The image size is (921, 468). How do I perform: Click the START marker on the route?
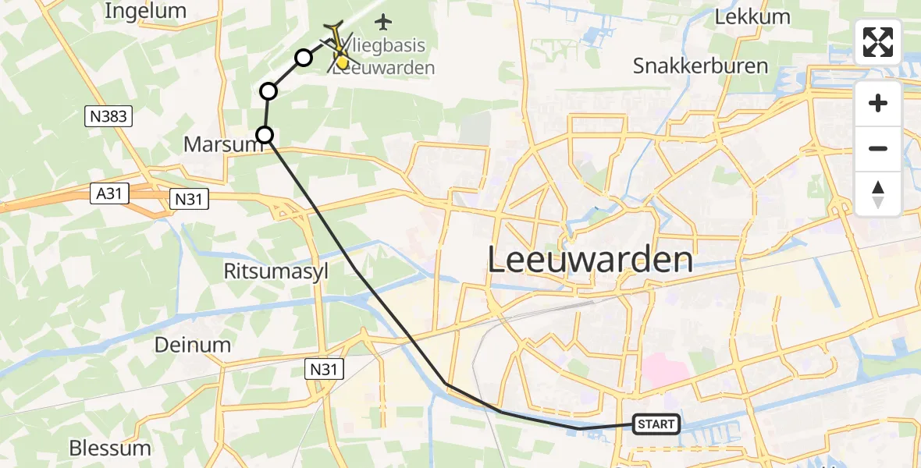point(656,424)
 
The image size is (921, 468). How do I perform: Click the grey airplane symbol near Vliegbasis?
point(382,20)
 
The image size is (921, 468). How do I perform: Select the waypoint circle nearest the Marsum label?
point(265,135)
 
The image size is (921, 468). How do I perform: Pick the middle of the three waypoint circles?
point(268,91)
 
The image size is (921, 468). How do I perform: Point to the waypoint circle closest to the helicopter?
point(303,57)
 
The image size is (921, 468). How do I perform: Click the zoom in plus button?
point(878,103)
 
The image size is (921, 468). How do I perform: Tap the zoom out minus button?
point(878,148)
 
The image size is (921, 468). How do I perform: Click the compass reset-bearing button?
point(878,193)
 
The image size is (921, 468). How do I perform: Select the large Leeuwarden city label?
point(590,260)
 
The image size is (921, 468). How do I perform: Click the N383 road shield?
point(108,117)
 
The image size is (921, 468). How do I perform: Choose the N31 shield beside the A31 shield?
point(189,200)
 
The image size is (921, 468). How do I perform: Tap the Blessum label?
point(109,448)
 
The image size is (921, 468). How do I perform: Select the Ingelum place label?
point(145,11)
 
